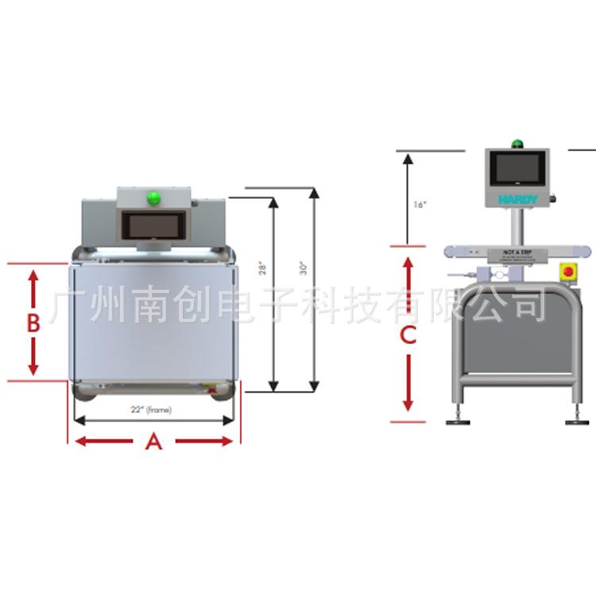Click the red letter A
click(154, 442)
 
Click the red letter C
click(408, 335)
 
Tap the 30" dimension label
click(304, 269)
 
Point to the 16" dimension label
click(420, 204)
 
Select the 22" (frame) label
click(151, 410)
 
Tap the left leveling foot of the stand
click(459, 420)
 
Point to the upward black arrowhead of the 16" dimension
click(408, 160)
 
